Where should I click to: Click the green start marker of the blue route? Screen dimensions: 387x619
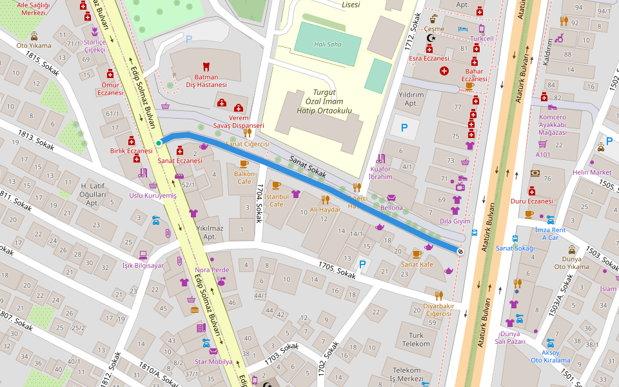click(159, 143)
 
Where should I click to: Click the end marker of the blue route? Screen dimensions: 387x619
click(460, 252)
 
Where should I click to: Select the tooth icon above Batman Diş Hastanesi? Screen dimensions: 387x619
click(206, 66)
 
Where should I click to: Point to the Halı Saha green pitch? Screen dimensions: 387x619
click(328, 44)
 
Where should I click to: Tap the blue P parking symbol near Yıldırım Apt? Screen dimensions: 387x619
click(404, 128)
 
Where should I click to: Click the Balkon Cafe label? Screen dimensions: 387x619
click(244, 177)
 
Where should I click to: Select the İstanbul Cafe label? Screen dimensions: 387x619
click(276, 200)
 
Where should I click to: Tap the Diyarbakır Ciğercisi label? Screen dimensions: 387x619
click(438, 310)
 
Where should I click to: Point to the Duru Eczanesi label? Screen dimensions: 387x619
click(531, 201)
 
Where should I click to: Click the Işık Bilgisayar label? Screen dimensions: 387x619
click(143, 265)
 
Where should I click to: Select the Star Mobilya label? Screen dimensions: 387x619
click(213, 362)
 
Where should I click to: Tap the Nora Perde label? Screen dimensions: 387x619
click(211, 270)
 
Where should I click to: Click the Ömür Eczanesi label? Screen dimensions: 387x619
click(110, 88)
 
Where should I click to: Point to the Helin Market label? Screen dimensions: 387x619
click(591, 172)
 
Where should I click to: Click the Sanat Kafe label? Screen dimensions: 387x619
click(417, 264)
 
